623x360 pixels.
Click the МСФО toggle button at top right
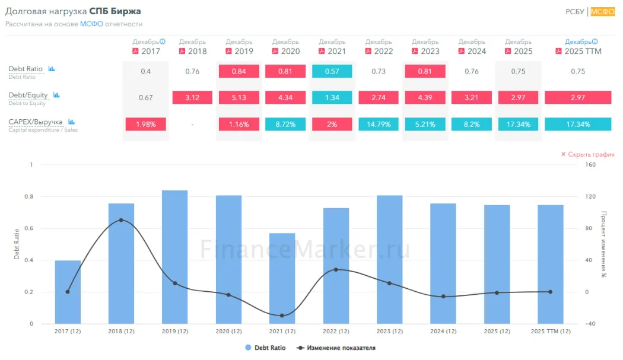pos(602,11)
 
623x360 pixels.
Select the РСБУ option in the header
pos(575,11)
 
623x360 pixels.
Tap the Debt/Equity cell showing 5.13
pos(239,97)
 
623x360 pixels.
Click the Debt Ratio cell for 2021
pos(332,71)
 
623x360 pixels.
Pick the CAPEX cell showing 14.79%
pos(379,125)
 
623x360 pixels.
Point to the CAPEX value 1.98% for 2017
pos(146,125)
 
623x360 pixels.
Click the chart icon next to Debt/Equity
pos(56,95)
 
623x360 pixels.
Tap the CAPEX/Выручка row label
pos(36,122)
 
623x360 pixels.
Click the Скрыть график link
pos(587,154)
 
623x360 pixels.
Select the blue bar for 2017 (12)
pos(68,292)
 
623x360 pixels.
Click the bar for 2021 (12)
pos(282,279)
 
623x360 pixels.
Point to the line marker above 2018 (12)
pos(121,220)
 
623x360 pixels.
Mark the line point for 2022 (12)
pos(336,269)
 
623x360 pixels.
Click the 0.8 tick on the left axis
pos(29,196)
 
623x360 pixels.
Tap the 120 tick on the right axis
pos(590,196)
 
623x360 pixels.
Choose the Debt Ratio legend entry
pos(265,348)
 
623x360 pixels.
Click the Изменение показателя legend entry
pos(336,348)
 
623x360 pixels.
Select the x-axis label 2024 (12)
pos(443,331)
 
